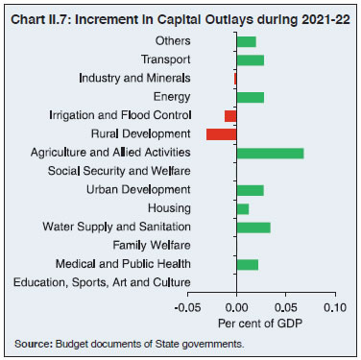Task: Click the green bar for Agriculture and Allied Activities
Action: tap(270, 153)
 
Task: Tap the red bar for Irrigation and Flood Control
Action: tap(230, 115)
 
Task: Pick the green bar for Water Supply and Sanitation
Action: tap(253, 227)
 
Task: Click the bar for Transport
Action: tap(250, 60)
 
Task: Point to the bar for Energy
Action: tap(250, 97)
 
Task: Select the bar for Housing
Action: tap(242, 208)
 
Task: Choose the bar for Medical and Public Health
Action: tap(247, 264)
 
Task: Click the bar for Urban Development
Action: tap(250, 190)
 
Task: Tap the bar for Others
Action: tap(246, 41)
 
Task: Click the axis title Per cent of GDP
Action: tap(259, 322)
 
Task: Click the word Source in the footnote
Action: tap(32, 344)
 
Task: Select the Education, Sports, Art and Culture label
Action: tap(102, 282)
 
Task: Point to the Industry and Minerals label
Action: tap(134, 78)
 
